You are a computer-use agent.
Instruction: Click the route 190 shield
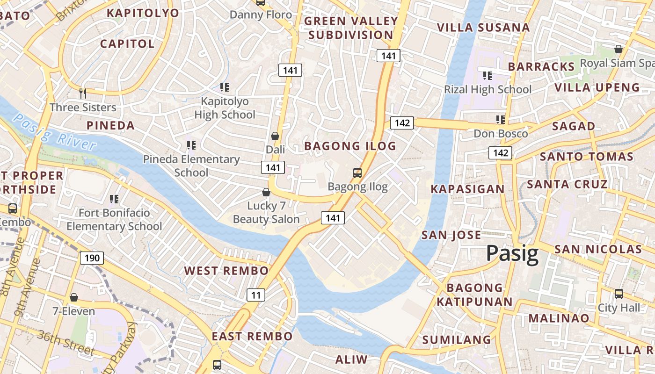tap(92, 258)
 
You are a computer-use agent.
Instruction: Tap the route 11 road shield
tap(255, 295)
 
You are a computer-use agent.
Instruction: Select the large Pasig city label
tap(512, 254)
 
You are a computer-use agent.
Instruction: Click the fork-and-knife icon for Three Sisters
tap(83, 93)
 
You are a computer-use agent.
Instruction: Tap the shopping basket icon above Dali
tap(275, 136)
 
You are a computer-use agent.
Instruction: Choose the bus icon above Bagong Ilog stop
tap(357, 173)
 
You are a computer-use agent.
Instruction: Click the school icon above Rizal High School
tap(487, 75)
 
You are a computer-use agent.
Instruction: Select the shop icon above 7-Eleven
tap(73, 297)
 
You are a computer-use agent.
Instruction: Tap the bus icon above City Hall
tap(619, 294)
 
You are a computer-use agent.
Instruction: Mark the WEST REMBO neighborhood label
tap(226, 271)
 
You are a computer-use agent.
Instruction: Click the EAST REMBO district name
tap(252, 336)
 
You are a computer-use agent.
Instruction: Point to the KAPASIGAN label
tap(467, 189)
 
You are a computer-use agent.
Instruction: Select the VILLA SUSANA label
tap(483, 28)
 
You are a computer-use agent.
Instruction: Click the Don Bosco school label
tap(501, 134)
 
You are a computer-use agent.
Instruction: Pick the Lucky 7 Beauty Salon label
tap(266, 212)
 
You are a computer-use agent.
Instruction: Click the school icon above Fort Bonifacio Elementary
tap(114, 199)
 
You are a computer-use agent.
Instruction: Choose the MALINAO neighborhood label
tap(559, 318)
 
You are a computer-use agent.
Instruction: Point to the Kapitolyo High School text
tap(225, 108)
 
